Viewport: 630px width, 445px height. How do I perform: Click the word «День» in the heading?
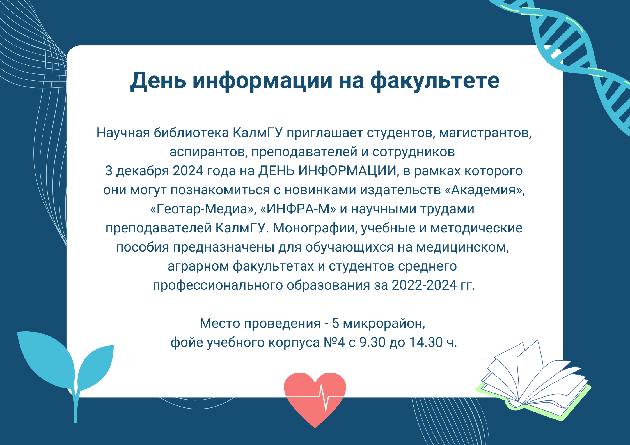(158, 81)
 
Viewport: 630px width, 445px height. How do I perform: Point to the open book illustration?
(533, 381)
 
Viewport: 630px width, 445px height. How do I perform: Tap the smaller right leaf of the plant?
(95, 367)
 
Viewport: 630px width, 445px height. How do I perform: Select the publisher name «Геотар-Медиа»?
(202, 209)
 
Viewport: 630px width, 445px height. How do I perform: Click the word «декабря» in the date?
(143, 171)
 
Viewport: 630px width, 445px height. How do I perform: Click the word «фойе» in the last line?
(187, 342)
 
